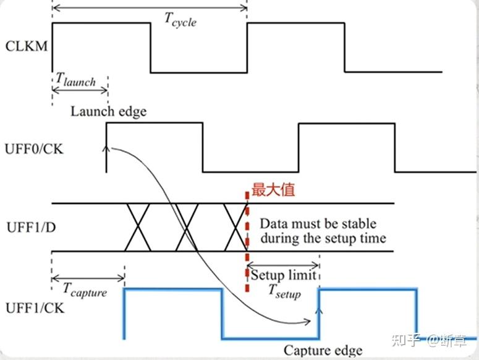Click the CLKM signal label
pyautogui.click(x=27, y=46)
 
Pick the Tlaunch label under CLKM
pyautogui.click(x=75, y=79)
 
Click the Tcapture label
pyautogui.click(x=85, y=289)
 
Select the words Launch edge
pyautogui.click(x=109, y=111)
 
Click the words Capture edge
pyautogui.click(x=323, y=350)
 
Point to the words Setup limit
pyautogui.click(x=283, y=275)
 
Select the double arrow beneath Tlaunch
pyautogui.click(x=79, y=90)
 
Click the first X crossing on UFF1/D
pyautogui.click(x=139, y=226)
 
